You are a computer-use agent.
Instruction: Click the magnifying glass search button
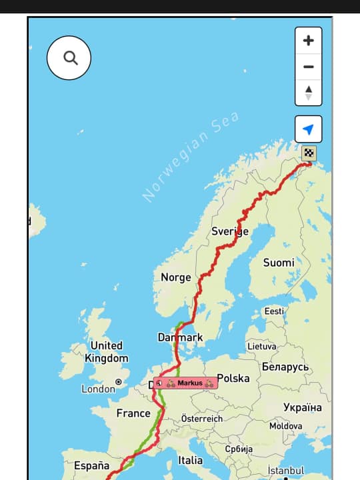tap(69, 58)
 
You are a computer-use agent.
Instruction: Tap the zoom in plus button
tap(308, 41)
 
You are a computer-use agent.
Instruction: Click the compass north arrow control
tap(308, 92)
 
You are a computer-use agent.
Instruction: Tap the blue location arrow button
tap(308, 129)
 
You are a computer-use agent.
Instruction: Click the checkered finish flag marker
tap(309, 153)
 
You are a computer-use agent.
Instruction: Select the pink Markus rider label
tap(186, 383)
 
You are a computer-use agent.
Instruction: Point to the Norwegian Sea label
tap(191, 157)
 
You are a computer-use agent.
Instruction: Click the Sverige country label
tap(230, 231)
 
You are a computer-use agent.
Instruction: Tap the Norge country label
tap(176, 277)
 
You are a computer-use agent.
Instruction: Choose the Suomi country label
tap(279, 263)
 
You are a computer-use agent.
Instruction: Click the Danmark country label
tap(180, 337)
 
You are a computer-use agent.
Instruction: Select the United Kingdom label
tap(107, 351)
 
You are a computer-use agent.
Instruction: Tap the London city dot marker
tap(119, 383)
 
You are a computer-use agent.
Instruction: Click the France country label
tap(133, 413)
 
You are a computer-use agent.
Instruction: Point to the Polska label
tap(233, 378)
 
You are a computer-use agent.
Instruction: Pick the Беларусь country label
tap(285, 367)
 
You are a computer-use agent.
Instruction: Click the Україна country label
tap(301, 407)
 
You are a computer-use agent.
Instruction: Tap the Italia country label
tap(190, 460)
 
